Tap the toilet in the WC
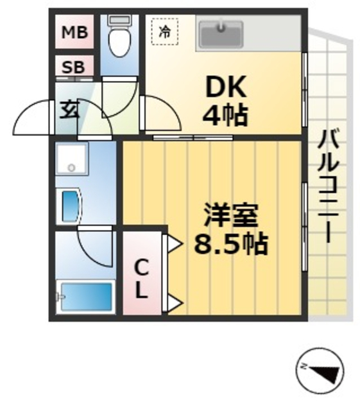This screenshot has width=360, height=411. (118, 39)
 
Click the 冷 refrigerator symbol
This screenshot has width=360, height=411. (164, 32)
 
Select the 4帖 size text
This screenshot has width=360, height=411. (224, 116)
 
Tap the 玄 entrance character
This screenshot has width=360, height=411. (69, 110)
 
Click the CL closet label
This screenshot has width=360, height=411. (142, 277)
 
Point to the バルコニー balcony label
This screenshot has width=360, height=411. (330, 186)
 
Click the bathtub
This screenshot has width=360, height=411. (85, 297)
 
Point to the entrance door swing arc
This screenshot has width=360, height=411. (32, 118)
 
